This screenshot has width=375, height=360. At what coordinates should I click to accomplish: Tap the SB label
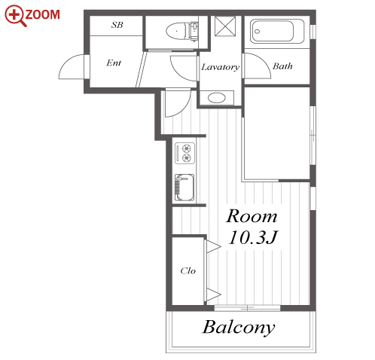[117, 25]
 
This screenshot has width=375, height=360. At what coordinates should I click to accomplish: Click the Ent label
[114, 63]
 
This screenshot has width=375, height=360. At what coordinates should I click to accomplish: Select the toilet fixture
[181, 31]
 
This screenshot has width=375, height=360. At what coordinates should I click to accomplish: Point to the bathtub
[277, 32]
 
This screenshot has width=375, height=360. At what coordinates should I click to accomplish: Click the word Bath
[282, 66]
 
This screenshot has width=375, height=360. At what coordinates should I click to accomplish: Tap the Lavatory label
[221, 67]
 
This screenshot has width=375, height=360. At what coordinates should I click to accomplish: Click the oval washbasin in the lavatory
[217, 98]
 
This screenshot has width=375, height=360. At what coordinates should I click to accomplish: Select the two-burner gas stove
[184, 153]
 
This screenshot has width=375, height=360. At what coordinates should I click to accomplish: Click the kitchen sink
[184, 188]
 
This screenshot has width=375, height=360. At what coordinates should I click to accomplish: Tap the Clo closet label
[188, 270]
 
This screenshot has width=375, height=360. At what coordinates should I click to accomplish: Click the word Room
[252, 216]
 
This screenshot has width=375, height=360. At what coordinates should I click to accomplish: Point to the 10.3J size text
[253, 237]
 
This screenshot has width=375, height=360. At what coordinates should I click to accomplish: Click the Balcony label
[239, 328]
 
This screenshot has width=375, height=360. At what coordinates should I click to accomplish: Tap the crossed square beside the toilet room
[225, 26]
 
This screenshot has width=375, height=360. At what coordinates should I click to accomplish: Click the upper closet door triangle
[213, 246]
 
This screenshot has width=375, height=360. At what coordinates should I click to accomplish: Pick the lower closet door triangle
[213, 294]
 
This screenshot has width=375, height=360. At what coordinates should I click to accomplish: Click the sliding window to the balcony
[247, 308]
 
